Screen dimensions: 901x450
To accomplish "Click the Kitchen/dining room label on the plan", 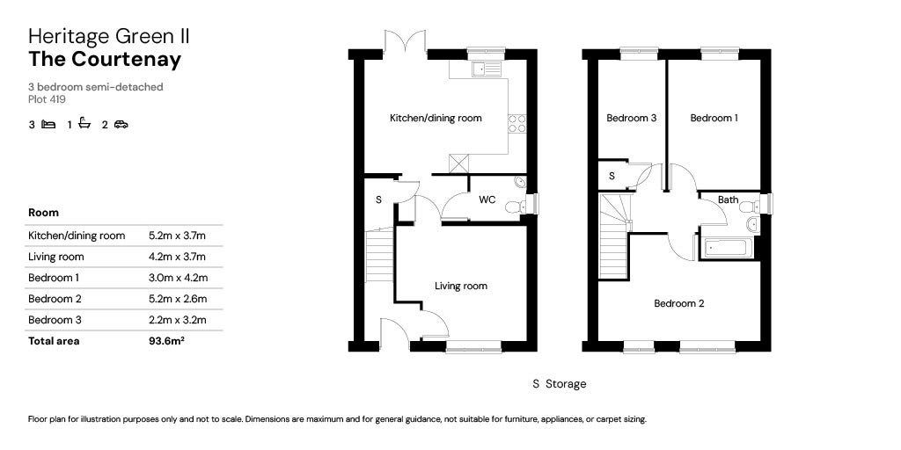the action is click(x=436, y=119).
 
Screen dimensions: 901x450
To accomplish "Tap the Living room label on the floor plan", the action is click(x=461, y=286).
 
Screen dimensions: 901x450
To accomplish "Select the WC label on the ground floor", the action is click(x=487, y=200).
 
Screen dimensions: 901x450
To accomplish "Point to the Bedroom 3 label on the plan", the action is click(x=632, y=119).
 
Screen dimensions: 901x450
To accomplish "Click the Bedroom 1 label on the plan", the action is click(x=714, y=119).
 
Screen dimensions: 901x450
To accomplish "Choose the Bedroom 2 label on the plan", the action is click(x=679, y=303).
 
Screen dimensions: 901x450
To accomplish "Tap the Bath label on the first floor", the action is click(x=728, y=200).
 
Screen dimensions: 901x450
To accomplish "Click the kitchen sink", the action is click(x=487, y=69).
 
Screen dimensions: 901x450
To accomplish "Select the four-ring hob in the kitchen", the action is click(x=516, y=124).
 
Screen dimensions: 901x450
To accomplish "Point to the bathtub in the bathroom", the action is click(x=725, y=249).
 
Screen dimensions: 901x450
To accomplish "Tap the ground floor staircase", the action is click(x=379, y=255).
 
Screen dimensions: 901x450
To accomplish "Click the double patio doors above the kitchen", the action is click(x=406, y=41).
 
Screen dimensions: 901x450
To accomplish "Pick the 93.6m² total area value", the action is click(x=165, y=341).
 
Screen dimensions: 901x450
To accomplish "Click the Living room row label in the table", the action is click(x=55, y=257).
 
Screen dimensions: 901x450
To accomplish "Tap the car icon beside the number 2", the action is click(x=121, y=124).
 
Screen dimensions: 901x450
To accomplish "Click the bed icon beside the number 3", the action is click(x=49, y=124).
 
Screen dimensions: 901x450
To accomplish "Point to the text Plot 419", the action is click(x=48, y=99).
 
